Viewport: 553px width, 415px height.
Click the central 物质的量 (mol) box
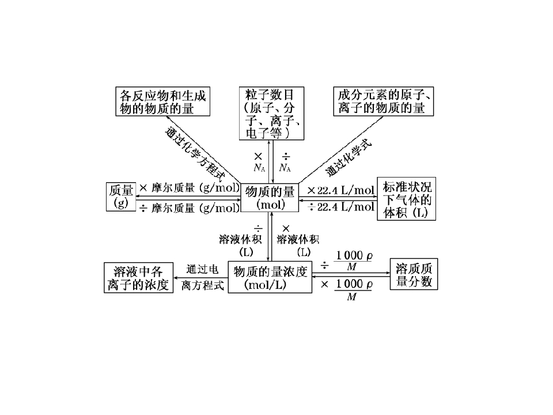(x=270, y=198)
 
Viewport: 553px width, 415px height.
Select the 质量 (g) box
(x=121, y=197)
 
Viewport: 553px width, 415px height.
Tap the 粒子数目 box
(x=271, y=114)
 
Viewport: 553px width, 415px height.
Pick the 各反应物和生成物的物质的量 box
(x=163, y=101)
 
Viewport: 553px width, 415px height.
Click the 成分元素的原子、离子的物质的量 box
(x=384, y=101)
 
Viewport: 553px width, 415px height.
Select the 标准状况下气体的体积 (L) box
(x=406, y=199)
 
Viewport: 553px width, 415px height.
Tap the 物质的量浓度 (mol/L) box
(x=270, y=277)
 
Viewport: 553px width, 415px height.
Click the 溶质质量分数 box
(x=414, y=274)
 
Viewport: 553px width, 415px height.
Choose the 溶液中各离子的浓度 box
(x=138, y=277)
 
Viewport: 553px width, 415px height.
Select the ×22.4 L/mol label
(x=340, y=191)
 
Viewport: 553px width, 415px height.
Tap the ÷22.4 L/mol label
(x=340, y=206)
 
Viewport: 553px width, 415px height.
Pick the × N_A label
(x=259, y=163)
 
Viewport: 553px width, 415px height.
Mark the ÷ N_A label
(x=285, y=163)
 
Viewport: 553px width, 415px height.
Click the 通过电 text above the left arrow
(x=202, y=269)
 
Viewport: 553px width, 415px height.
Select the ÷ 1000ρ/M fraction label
(x=347, y=261)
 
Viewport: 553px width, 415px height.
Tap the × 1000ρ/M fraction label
(x=347, y=289)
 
